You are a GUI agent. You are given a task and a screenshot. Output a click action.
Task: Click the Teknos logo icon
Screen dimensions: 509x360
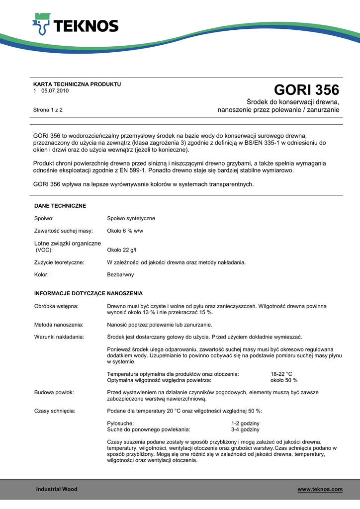[41, 24]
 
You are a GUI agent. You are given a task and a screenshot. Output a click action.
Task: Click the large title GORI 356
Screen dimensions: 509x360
[306, 90]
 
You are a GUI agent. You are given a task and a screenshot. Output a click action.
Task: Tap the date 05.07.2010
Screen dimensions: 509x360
[55, 91]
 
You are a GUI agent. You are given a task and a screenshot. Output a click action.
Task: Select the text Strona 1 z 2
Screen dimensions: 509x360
[48, 109]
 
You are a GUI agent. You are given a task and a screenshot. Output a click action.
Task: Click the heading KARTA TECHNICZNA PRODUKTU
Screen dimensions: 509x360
[77, 84]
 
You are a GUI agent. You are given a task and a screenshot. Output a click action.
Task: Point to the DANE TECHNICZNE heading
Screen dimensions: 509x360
[60, 206]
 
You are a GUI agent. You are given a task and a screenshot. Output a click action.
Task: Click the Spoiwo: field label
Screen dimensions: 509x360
[44, 218]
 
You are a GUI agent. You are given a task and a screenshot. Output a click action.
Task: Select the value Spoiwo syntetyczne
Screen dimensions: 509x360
[131, 218]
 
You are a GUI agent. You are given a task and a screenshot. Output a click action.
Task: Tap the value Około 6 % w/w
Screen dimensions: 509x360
[125, 231]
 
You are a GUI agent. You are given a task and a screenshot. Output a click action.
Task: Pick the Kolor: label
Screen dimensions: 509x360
[41, 274]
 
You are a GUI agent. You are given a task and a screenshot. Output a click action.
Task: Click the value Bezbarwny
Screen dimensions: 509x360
[120, 274]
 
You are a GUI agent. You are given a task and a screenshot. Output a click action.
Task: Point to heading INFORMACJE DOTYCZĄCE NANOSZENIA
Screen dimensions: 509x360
[89, 293]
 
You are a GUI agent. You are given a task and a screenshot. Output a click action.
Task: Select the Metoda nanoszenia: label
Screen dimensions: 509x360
[59, 325]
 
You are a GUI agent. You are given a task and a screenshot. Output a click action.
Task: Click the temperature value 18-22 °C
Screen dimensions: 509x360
[281, 374]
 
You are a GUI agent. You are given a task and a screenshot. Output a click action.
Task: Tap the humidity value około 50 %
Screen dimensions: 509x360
[284, 380]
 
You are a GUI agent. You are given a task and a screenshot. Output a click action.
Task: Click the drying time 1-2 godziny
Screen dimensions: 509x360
[242, 423]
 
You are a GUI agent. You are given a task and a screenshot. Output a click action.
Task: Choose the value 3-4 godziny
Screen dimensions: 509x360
[245, 429]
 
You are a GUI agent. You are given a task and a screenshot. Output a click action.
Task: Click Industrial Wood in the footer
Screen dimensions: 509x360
[57, 490]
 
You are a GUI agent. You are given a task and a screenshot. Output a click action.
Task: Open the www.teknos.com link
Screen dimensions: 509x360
[320, 490]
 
